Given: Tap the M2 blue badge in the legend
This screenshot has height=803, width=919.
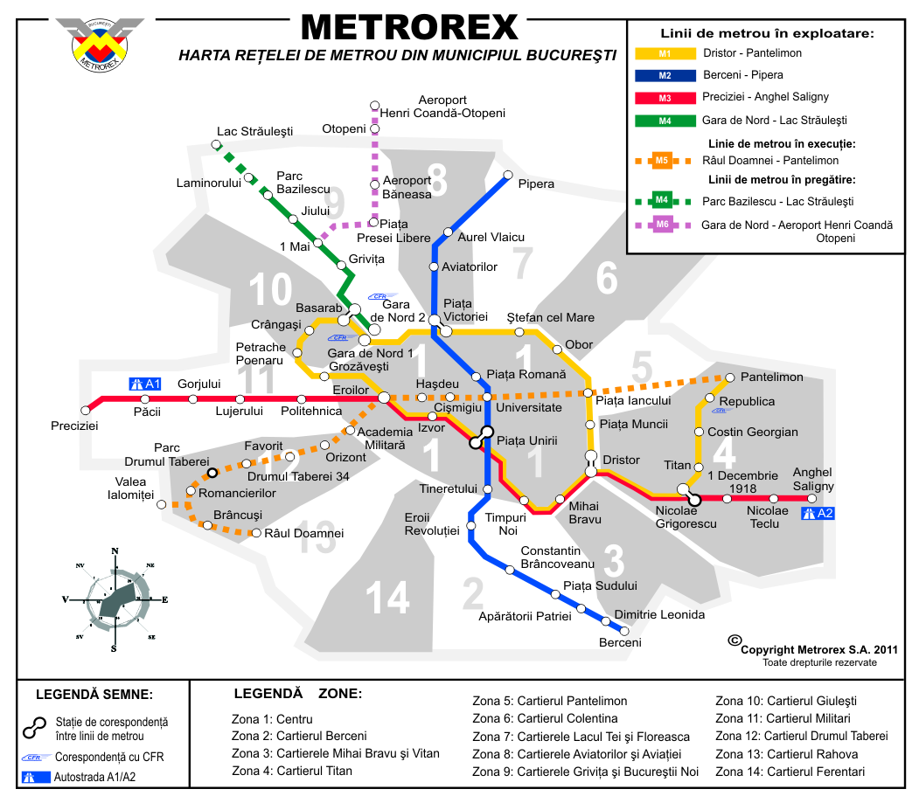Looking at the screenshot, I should (x=664, y=75).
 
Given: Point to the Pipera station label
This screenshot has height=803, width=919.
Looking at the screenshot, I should (x=536, y=184).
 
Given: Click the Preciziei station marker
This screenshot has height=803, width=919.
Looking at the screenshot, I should (x=86, y=409).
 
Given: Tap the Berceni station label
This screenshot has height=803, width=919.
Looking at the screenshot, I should (x=620, y=642).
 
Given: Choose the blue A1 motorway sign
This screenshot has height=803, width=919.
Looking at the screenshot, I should (x=145, y=384).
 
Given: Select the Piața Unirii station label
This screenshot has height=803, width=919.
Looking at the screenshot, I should (x=526, y=441).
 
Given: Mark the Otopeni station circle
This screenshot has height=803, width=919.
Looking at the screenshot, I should (x=375, y=128).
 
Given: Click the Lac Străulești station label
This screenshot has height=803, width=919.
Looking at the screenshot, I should (x=254, y=132).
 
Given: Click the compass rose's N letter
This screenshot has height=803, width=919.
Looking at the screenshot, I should (x=115, y=550).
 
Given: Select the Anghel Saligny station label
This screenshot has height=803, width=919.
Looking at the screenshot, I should (x=813, y=480).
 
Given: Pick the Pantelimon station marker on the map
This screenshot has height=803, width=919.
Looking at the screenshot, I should (x=728, y=377).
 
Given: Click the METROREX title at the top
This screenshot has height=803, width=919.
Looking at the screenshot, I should (x=409, y=27).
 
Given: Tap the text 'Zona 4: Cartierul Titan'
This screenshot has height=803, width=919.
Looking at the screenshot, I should (x=292, y=771).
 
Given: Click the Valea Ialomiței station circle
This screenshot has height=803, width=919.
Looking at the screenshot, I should (x=161, y=504).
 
